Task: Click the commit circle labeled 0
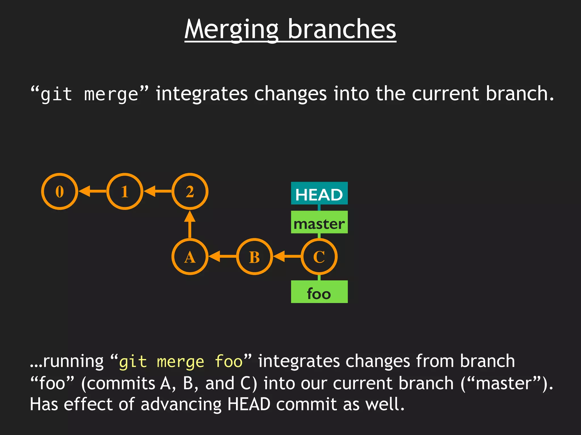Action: pos(60,191)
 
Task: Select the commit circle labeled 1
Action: pos(125,191)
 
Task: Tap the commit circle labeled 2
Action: pos(190,191)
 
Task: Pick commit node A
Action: pos(190,257)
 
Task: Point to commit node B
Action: pos(254,257)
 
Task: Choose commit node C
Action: pos(319,257)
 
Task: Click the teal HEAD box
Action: pos(319,193)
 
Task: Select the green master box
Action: pos(319,222)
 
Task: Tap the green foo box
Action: pos(319,292)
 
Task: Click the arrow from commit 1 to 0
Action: pos(92,191)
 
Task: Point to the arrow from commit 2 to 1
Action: pos(158,191)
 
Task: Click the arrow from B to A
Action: pos(222,257)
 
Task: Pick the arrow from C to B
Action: pos(287,257)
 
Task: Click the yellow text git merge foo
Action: pos(180,362)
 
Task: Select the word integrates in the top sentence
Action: pos(202,94)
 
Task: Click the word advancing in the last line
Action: pos(181,404)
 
